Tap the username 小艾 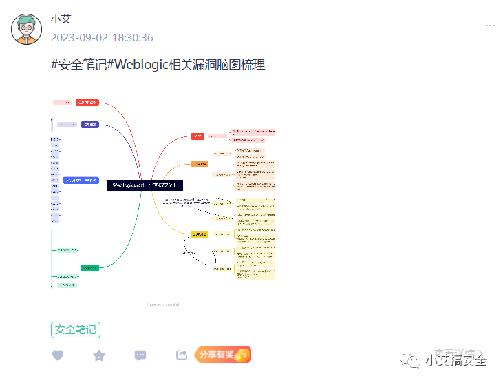tap(61, 20)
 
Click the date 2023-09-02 tap(78, 38)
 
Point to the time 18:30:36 tap(132, 38)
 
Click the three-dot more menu tap(490, 25)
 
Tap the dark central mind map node tap(145, 185)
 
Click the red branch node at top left tap(87, 103)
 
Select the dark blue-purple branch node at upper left tap(90, 125)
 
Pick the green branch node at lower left tap(90, 267)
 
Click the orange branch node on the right tap(200, 164)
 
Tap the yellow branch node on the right tap(200, 234)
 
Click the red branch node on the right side tap(197, 136)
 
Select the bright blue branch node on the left tap(81, 180)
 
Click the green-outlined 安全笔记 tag tap(76, 330)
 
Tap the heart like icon tap(58, 355)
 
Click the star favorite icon tap(99, 355)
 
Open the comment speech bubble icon tap(140, 355)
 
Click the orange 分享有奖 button tap(223, 355)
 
